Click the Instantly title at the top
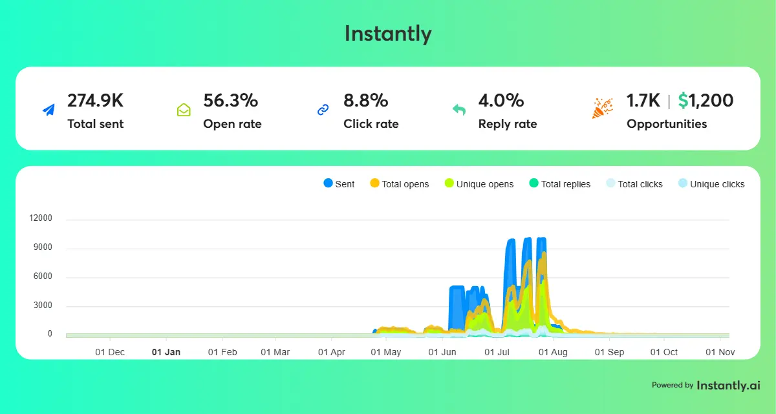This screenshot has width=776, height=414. click(387, 33)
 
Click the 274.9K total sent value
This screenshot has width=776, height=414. click(95, 101)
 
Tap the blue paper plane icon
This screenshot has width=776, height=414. click(48, 110)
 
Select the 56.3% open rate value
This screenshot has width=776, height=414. click(230, 101)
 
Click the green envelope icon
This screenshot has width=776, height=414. click(184, 110)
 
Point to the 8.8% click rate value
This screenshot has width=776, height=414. click(365, 101)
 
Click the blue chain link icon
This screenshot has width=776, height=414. click(323, 110)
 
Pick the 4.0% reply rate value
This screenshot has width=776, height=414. click(501, 101)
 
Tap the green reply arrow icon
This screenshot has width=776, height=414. click(459, 110)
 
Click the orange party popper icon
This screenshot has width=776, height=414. click(602, 109)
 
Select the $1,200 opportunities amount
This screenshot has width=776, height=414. click(706, 101)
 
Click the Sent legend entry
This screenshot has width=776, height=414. click(339, 184)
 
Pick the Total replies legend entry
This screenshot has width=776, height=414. click(559, 184)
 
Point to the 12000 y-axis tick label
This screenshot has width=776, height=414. click(41, 219)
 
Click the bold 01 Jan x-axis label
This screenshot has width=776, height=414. click(166, 352)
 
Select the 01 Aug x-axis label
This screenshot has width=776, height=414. click(553, 352)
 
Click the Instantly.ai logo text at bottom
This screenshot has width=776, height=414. click(728, 385)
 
